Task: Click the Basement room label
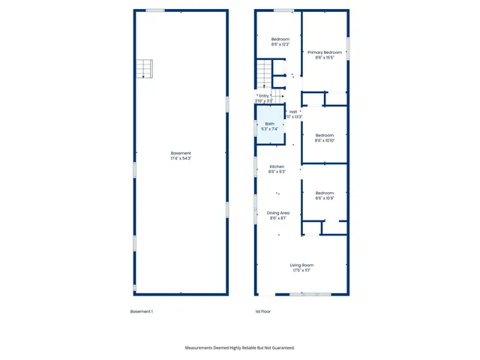tap(181, 153)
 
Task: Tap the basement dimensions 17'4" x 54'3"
tap(181, 158)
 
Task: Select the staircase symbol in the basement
tap(144, 70)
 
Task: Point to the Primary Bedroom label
tap(325, 52)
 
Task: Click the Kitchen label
tap(277, 166)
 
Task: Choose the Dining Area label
tap(278, 213)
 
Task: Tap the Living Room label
tap(301, 265)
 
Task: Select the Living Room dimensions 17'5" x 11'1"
tap(301, 271)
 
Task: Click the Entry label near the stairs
tap(263, 96)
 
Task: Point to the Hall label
tap(293, 112)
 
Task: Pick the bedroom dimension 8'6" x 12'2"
tap(280, 44)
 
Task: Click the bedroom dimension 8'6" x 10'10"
tap(325, 140)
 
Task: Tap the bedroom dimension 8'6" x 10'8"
tap(325, 198)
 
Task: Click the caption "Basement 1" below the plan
tap(142, 311)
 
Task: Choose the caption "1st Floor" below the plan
tap(262, 311)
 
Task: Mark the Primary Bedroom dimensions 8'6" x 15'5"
tap(325, 58)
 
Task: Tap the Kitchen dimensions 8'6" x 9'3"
tap(277, 172)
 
